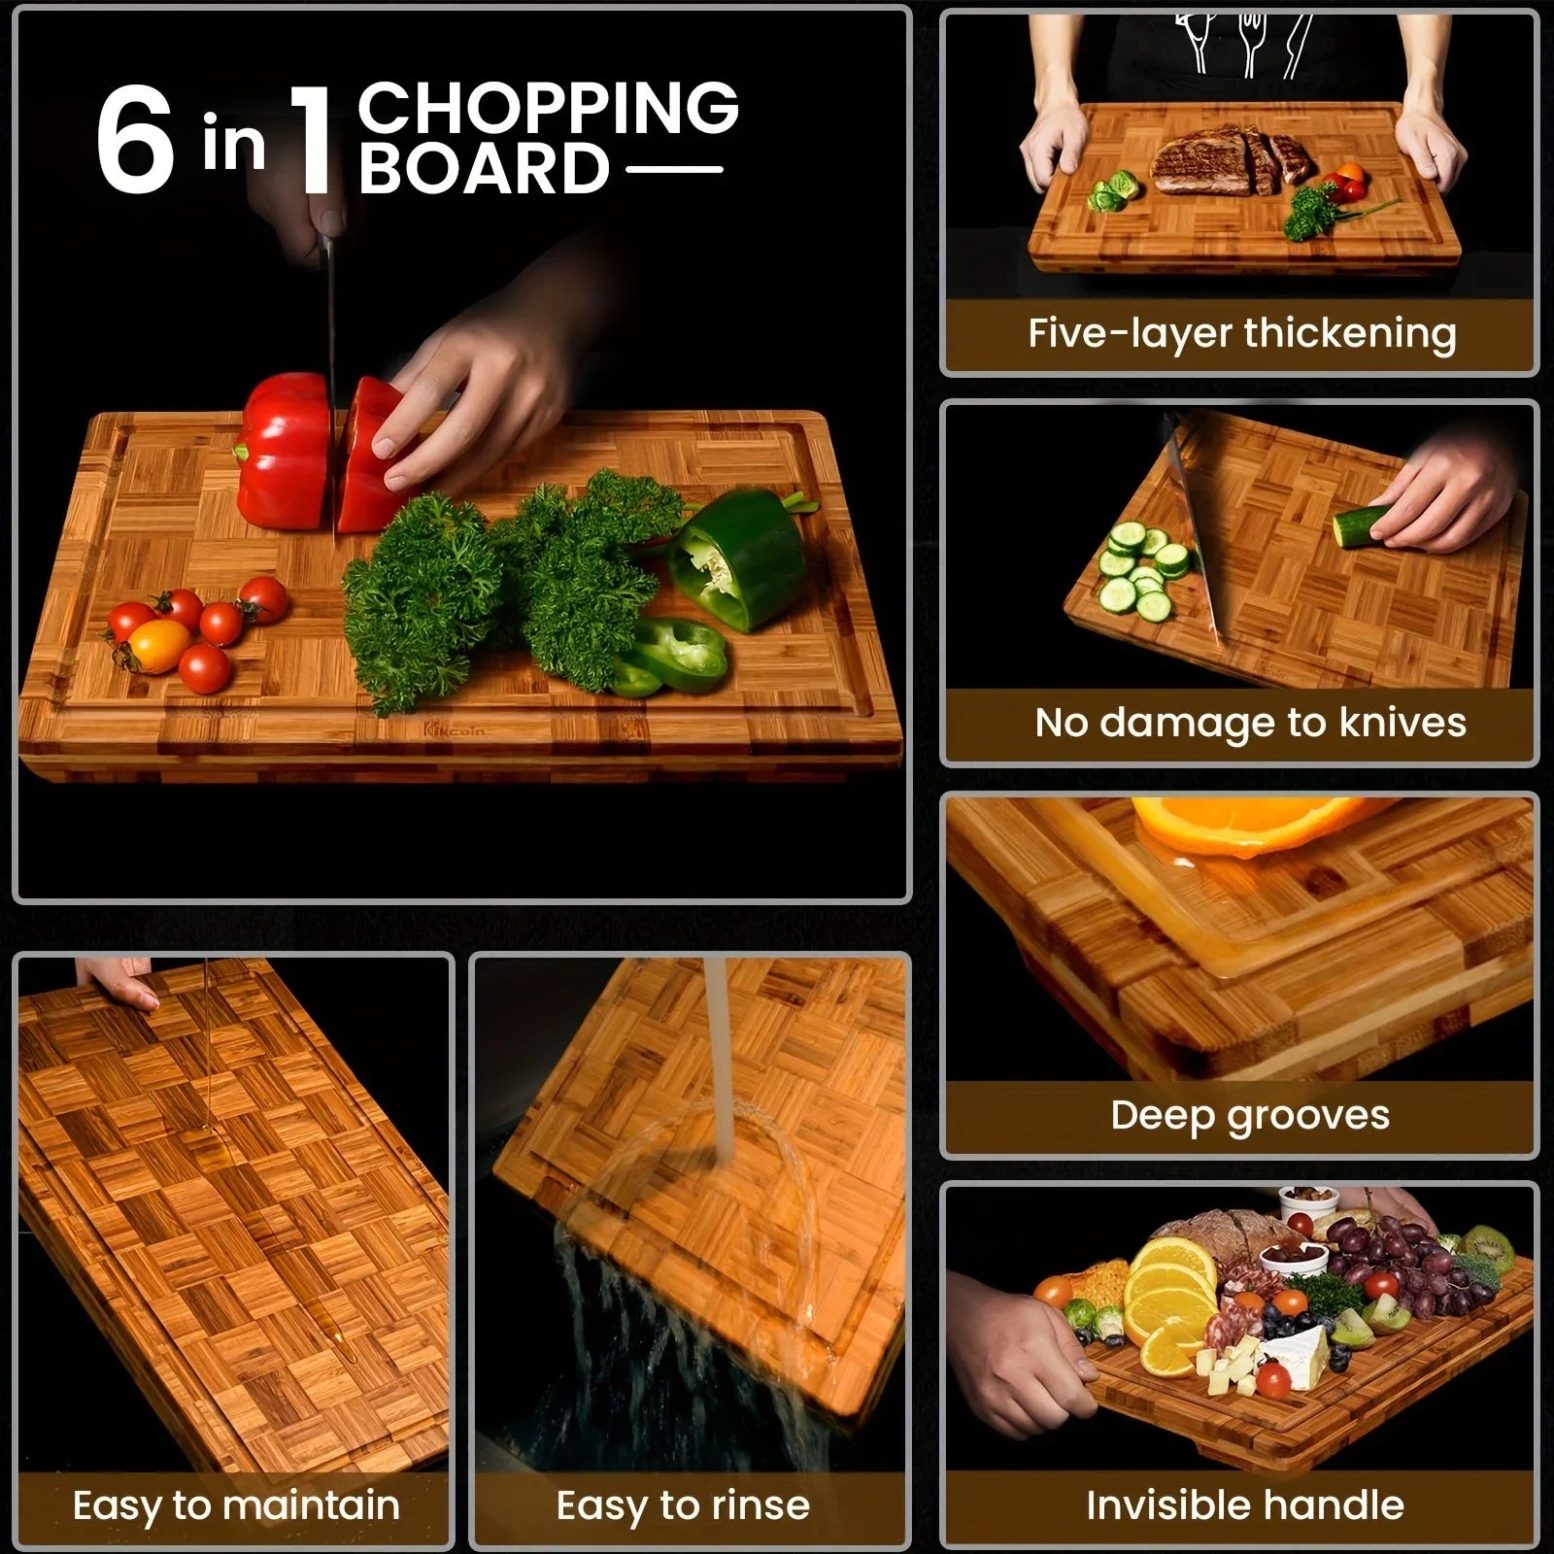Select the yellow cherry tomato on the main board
158,646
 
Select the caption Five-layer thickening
1241,333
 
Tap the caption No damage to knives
1250,723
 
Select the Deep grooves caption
1250,1115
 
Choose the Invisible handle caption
1245,1505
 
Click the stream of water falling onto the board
719,1059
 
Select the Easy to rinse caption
683,1505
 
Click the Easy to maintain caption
236,1505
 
